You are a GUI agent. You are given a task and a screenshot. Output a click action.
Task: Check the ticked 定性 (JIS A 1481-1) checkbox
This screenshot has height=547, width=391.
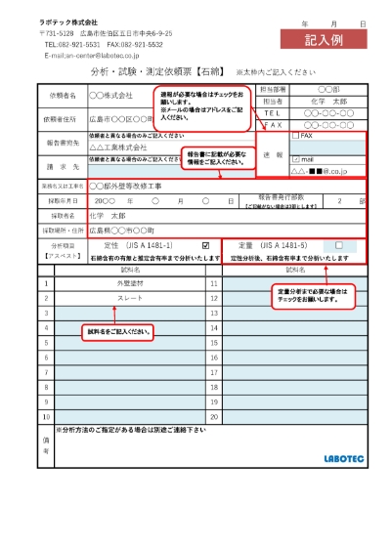(x=205, y=245)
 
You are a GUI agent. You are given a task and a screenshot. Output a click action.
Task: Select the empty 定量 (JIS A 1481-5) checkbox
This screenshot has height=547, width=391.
(x=338, y=245)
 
